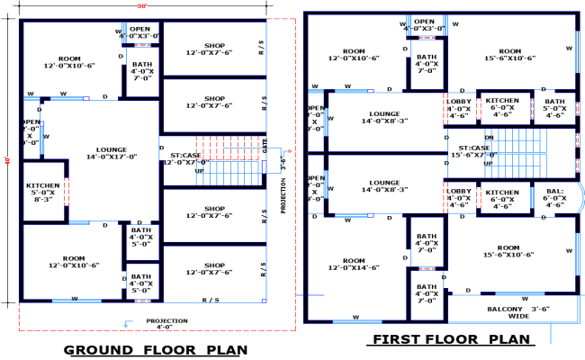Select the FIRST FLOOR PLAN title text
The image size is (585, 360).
point(449,339)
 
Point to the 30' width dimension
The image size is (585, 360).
point(142,6)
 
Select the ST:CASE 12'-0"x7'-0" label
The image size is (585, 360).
point(184,158)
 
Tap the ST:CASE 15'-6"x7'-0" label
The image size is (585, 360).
point(474,152)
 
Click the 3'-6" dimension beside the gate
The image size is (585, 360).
point(281,164)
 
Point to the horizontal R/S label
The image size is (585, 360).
point(211,299)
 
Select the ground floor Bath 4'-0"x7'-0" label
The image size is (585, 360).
point(142,71)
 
